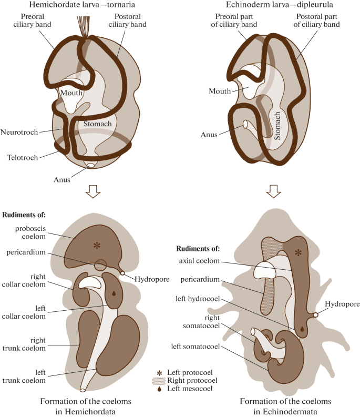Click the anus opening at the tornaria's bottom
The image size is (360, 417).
coord(91,166)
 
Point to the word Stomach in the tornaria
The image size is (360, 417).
coord(98,124)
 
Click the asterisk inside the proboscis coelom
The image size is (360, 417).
coord(96,245)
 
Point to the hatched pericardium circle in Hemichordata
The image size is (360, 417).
coord(100,266)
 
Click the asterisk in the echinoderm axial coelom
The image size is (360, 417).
coord(299,253)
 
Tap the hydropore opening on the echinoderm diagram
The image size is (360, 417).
coord(315,315)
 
